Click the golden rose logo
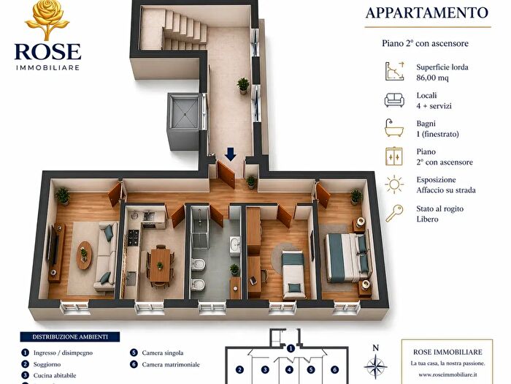[x=47, y=20]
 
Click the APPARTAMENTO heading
[x=427, y=12]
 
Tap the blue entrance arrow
[x=231, y=154]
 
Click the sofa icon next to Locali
[x=395, y=100]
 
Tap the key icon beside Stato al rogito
[x=395, y=213]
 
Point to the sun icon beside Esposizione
[x=395, y=184]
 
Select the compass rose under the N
[x=375, y=364]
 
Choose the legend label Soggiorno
[x=48, y=364]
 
